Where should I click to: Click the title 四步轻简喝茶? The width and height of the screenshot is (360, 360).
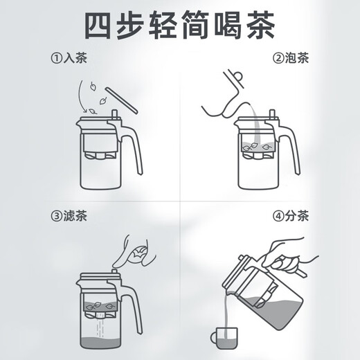[180, 25]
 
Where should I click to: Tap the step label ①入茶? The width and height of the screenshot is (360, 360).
[69, 58]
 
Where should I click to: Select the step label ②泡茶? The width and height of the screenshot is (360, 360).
[291, 58]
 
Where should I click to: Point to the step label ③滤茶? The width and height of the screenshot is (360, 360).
[69, 216]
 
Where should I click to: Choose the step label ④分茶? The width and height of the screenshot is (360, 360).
[291, 216]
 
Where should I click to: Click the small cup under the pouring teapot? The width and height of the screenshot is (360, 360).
[224, 338]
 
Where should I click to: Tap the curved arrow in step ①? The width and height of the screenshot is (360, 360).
[81, 97]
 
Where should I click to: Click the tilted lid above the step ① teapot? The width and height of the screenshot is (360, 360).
[121, 100]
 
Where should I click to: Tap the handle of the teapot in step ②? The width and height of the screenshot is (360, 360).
[289, 147]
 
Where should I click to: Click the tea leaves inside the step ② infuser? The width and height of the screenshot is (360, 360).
[256, 147]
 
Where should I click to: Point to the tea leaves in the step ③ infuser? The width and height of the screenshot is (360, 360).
[100, 306]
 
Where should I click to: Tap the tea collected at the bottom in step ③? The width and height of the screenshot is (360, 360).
[100, 343]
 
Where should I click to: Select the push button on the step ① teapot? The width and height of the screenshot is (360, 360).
[114, 114]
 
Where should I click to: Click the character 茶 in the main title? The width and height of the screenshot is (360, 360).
[261, 25]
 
